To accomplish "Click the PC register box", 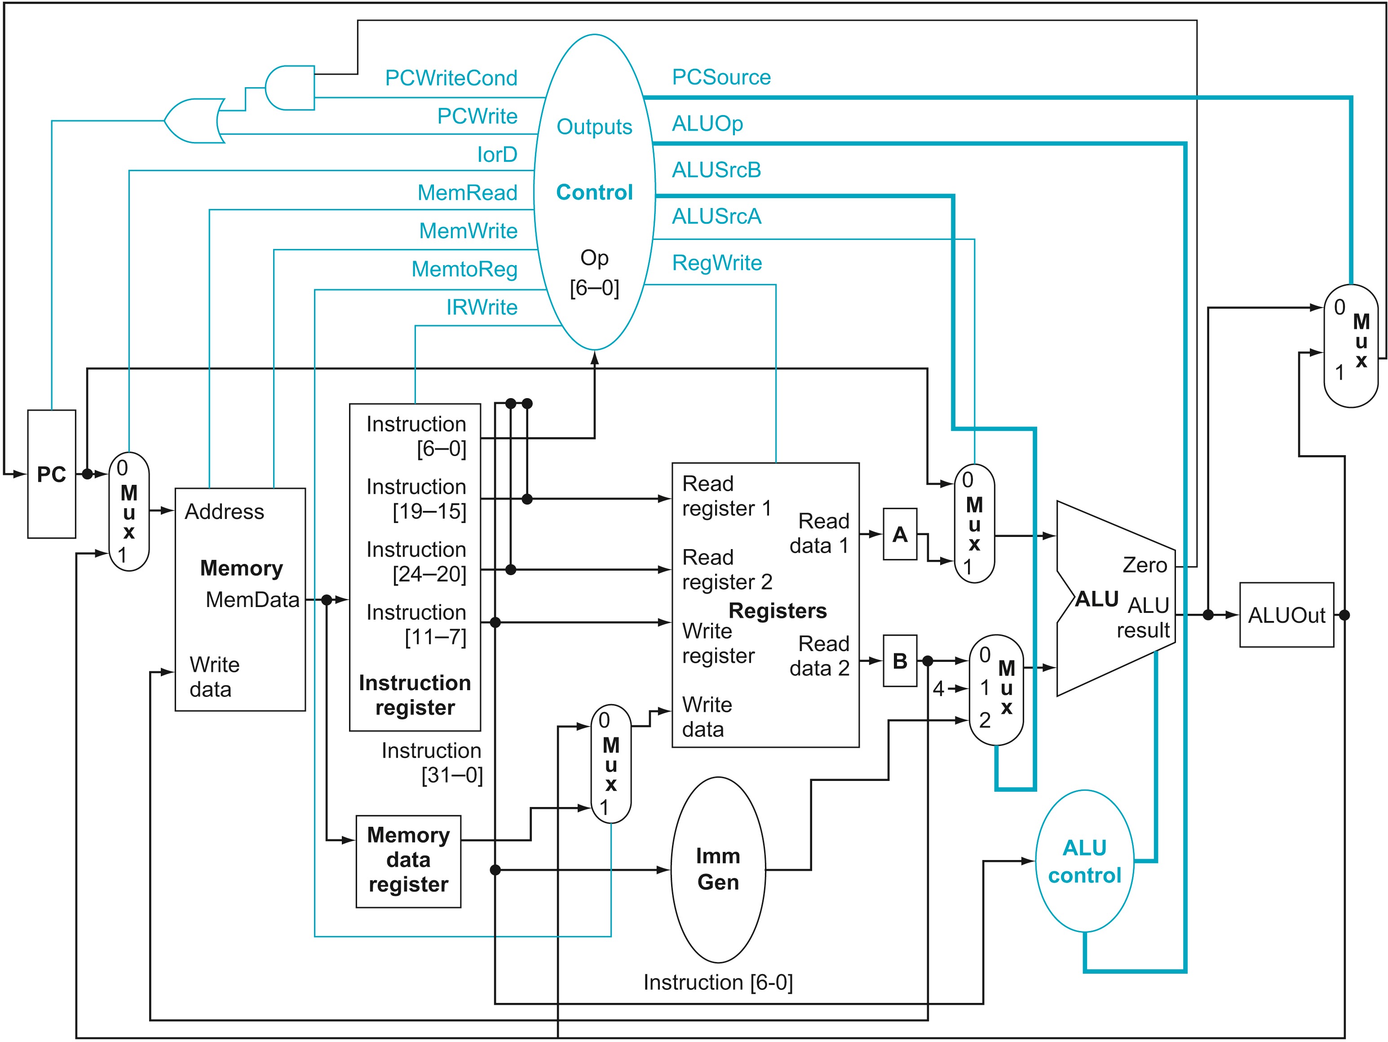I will (52, 474).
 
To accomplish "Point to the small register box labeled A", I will (899, 534).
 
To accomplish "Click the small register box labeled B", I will (899, 661).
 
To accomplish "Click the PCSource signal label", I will (721, 77).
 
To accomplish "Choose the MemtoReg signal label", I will (464, 269).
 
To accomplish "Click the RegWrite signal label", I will (716, 262).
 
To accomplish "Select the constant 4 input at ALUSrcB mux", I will (938, 688).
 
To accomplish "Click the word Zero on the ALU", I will (1145, 565).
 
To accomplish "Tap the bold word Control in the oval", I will (594, 192).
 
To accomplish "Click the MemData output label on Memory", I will (252, 599).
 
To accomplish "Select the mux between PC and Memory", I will (128, 512).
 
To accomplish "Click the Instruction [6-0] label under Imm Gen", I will (718, 982).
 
